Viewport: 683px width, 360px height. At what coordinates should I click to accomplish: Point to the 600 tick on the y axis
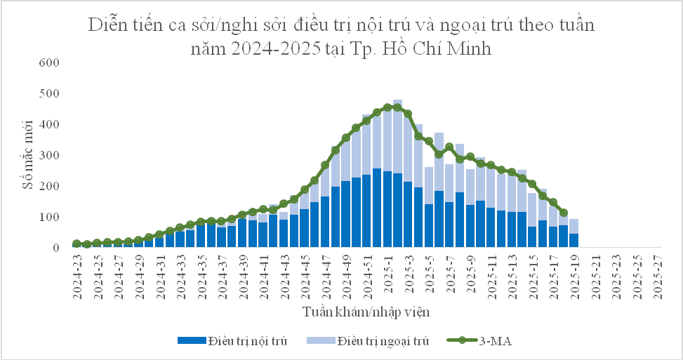[53, 62]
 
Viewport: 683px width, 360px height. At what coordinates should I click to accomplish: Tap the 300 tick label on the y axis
[53, 155]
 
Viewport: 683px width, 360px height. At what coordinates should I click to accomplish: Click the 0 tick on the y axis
[60, 248]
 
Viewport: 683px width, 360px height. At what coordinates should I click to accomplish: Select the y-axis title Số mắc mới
[27, 154]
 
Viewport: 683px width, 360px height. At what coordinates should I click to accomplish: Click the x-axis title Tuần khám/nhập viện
[366, 309]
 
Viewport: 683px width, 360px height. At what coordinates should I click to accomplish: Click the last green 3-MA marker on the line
[563, 213]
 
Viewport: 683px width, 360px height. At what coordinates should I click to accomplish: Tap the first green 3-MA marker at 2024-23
[77, 244]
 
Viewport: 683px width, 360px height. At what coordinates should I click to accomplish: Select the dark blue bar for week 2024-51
[366, 211]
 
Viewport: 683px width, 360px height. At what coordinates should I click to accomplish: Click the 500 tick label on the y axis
[53, 93]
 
